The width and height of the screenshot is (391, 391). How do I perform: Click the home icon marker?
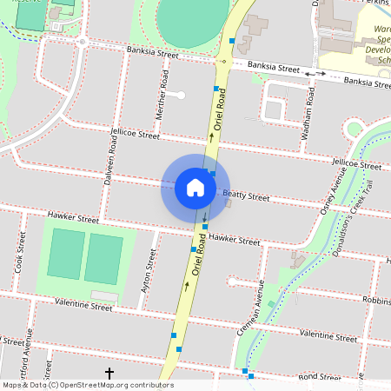[195, 187]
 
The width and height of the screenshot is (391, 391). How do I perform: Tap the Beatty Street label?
[246, 196]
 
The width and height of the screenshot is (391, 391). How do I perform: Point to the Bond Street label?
[319, 377]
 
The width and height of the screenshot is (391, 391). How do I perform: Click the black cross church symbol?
[109, 374]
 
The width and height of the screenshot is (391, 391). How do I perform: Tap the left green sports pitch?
[64, 254]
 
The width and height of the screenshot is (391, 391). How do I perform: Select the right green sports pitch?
[104, 259]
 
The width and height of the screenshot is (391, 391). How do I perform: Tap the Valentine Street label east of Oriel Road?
[328, 335]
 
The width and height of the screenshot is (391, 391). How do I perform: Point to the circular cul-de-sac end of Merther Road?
[181, 95]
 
